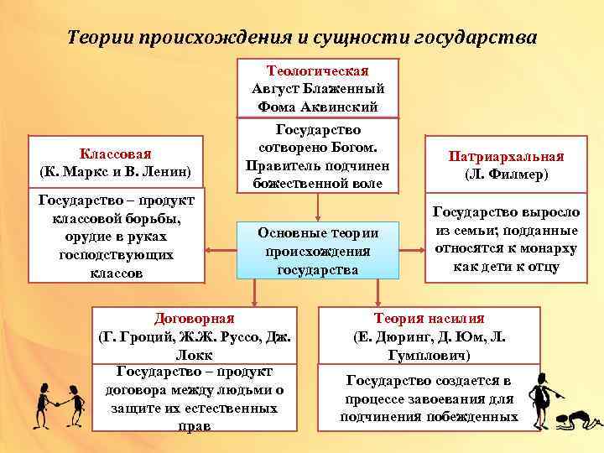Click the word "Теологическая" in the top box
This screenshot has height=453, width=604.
coord(318,71)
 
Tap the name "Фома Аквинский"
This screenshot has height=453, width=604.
coord(318,107)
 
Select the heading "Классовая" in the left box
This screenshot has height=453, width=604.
coord(116,154)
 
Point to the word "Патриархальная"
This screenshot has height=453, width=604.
coord(506,157)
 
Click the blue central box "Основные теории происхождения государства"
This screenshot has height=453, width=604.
coord(318,251)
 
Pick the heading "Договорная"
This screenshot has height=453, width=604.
coord(195,318)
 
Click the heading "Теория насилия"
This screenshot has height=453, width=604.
coord(429,318)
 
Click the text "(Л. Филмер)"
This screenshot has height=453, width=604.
coord(506,175)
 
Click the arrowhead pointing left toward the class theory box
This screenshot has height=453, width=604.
coord(211,250)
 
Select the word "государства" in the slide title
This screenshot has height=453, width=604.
coord(476,39)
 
